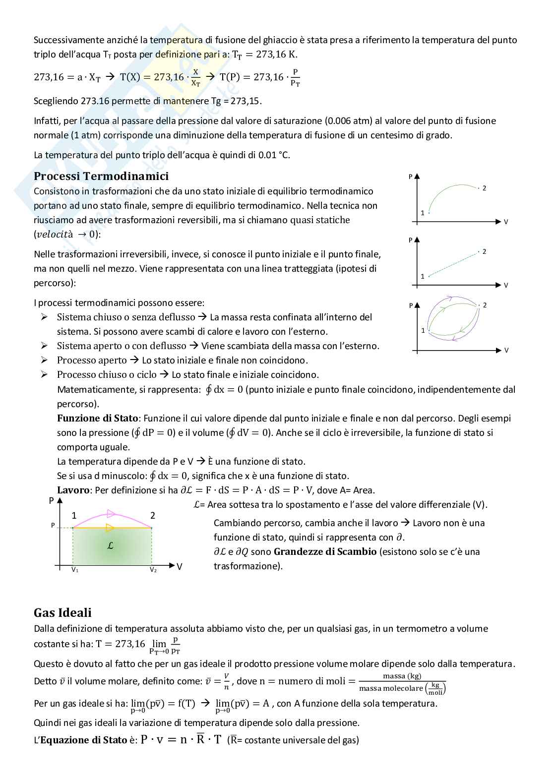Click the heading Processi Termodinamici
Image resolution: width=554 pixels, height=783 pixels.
tap(101, 176)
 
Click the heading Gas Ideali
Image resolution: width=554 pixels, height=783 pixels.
tap(62, 612)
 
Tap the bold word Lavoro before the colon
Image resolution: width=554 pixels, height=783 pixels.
tap(73, 490)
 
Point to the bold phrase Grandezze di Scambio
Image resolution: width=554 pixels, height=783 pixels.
tap(325, 551)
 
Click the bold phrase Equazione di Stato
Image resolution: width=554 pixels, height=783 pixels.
tap(83, 740)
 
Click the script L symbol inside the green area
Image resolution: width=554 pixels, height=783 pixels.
tap(111, 545)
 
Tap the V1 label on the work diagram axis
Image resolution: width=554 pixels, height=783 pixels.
tap(75, 570)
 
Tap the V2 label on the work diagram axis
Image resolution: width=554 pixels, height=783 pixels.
tap(153, 570)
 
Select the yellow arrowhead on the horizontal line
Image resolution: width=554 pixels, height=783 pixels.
tap(110, 528)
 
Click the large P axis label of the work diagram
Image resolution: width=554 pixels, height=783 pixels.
tap(51, 501)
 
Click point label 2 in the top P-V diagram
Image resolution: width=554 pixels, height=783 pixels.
tap(484, 188)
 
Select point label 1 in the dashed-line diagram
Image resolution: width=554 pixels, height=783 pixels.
tap(423, 276)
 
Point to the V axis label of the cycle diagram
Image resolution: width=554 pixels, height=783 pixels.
tap(506, 350)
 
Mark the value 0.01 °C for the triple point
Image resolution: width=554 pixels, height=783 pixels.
tap(274, 155)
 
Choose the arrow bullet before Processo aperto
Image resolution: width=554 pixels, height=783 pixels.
tap(45, 360)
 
